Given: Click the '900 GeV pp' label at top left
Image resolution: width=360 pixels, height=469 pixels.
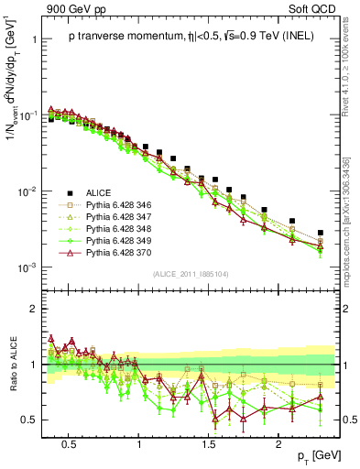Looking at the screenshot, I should pos(69,9).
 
